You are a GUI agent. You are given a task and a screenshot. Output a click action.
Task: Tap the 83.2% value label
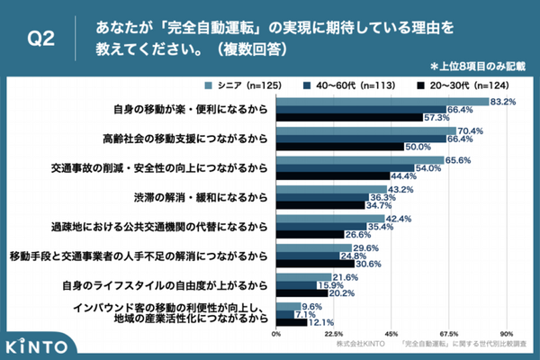point(504,102)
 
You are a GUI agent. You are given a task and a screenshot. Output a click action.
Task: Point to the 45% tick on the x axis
point(391,332)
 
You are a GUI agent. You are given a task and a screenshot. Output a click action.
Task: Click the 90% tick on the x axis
point(508,332)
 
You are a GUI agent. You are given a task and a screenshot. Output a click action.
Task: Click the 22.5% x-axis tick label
point(334,332)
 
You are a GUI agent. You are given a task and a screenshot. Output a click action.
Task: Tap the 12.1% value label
point(322,322)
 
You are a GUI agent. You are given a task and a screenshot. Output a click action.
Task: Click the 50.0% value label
point(418,146)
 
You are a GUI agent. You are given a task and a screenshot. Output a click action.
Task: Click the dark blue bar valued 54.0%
point(345,167)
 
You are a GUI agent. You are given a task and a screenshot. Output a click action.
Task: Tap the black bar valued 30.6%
point(315,264)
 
